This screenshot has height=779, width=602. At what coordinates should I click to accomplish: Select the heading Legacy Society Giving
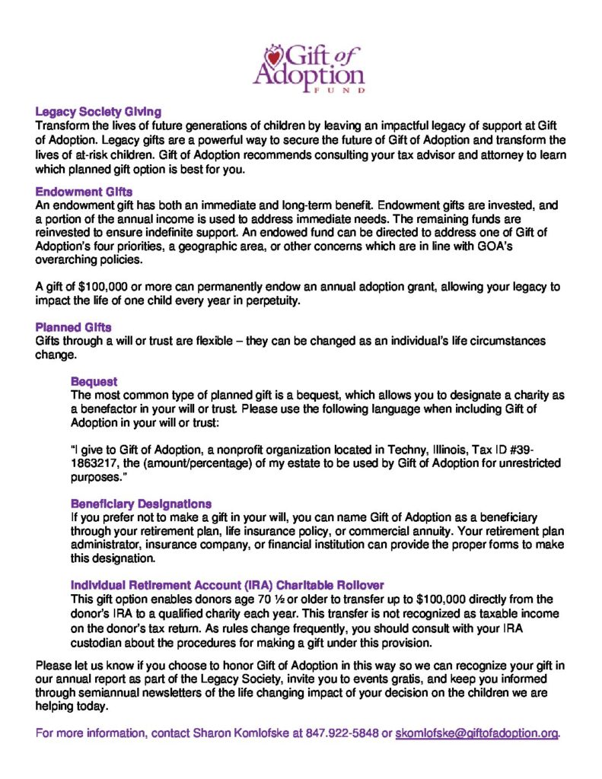98,111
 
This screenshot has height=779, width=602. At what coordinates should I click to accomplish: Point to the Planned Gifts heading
74,328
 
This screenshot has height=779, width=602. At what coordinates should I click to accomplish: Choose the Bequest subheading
94,381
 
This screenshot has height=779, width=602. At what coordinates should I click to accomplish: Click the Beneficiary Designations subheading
141,504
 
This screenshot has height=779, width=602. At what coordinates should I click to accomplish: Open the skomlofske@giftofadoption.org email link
477,734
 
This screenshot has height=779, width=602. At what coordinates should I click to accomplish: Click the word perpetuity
268,300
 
